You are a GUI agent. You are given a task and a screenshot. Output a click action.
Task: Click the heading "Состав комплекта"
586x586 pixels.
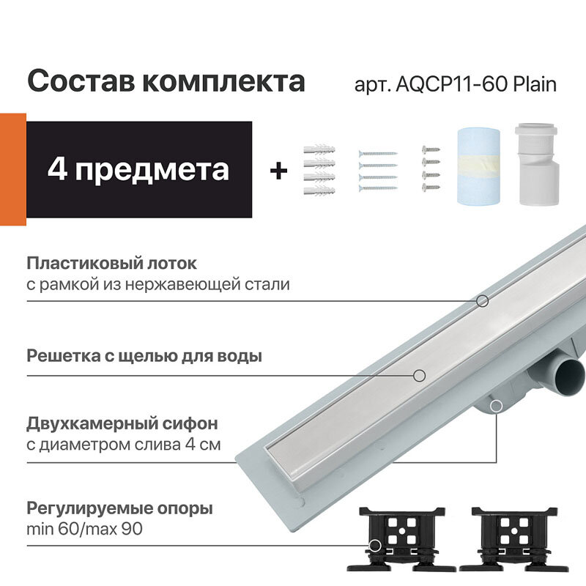[166, 81]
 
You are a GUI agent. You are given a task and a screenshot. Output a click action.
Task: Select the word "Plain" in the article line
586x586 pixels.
[534, 84]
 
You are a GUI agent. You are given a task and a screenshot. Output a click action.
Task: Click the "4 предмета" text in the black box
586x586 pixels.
[138, 169]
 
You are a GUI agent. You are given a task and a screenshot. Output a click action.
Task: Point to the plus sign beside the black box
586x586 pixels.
[278, 171]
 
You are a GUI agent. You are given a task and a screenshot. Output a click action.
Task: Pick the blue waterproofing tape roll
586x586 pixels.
[478, 168]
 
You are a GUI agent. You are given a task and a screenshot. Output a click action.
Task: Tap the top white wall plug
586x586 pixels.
[319, 151]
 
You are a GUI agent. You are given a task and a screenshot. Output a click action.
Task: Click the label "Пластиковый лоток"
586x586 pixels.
[111, 263]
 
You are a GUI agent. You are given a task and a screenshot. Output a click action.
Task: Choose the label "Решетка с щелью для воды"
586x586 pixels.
[144, 357]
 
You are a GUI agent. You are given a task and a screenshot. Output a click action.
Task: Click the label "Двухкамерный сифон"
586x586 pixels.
[122, 424]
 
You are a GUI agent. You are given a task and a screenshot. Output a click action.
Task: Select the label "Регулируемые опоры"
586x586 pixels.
[119, 508]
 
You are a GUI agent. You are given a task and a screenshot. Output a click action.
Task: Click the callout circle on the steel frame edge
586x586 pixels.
[482, 300]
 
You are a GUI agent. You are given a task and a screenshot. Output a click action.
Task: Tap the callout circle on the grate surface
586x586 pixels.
[419, 375]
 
